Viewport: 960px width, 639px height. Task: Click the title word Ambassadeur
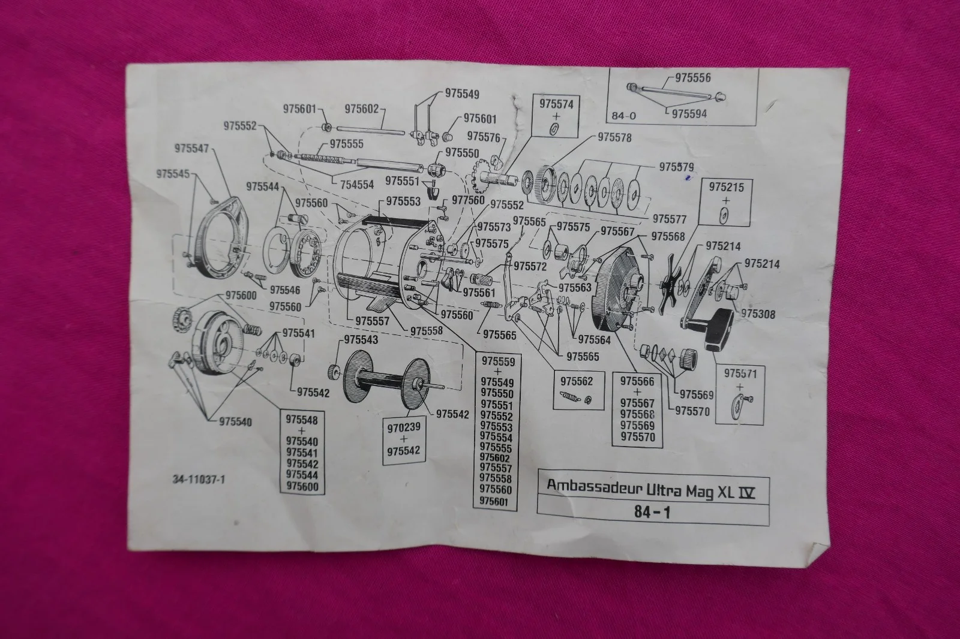coord(593,486)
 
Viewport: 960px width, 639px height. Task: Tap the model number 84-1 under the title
coord(650,513)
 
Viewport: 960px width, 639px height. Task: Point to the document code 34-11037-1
coord(199,479)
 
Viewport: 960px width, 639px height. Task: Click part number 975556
coord(692,78)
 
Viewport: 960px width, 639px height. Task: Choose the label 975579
coord(676,166)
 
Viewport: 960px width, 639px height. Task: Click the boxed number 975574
coord(556,103)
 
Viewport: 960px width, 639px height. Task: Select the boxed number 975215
coord(726,188)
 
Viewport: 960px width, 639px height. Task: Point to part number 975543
coord(361,340)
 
